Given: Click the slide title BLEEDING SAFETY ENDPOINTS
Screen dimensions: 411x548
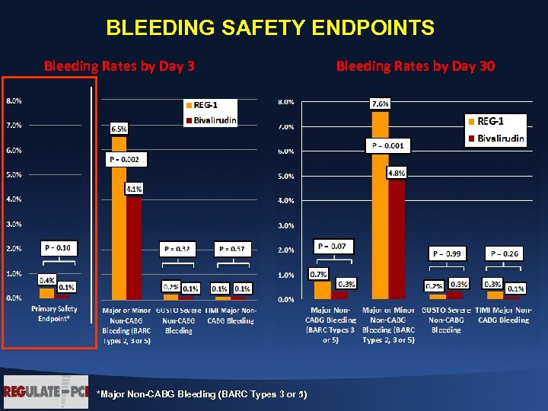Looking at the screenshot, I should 270,29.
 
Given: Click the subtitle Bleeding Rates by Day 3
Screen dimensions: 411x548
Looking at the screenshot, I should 119,66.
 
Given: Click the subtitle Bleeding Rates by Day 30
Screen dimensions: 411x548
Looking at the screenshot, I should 415,66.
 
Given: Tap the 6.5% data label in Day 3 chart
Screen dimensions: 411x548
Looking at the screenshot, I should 119,129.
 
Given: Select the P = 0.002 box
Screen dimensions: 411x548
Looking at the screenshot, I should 126,159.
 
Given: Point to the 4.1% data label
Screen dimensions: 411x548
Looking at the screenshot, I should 134,188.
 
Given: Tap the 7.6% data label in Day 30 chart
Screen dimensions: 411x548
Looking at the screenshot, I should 380,104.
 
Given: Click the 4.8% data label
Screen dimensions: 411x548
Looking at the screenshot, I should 397,174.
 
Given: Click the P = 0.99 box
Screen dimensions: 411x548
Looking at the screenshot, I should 448,253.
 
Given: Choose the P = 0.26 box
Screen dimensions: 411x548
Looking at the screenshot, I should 504,253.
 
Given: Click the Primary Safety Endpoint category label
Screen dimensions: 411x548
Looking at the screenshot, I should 55,314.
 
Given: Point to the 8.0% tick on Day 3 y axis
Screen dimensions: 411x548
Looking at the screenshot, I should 14,100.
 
